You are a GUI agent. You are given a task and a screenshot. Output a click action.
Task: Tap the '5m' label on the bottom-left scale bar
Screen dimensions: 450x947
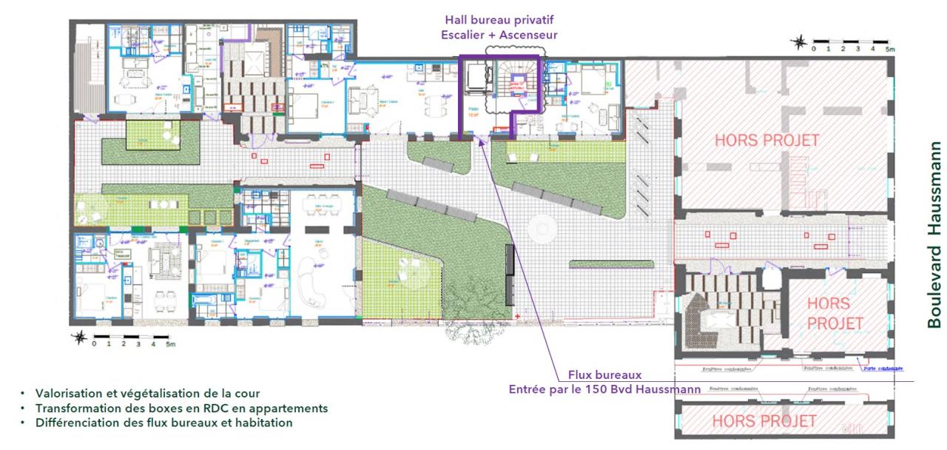pos(170,345)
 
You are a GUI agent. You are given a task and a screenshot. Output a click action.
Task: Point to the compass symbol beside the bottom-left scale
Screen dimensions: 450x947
pos(80,338)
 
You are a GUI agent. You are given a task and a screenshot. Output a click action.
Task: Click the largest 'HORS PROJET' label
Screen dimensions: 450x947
pos(766,140)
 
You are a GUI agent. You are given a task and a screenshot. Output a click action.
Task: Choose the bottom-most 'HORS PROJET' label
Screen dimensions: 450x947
pos(764,421)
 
